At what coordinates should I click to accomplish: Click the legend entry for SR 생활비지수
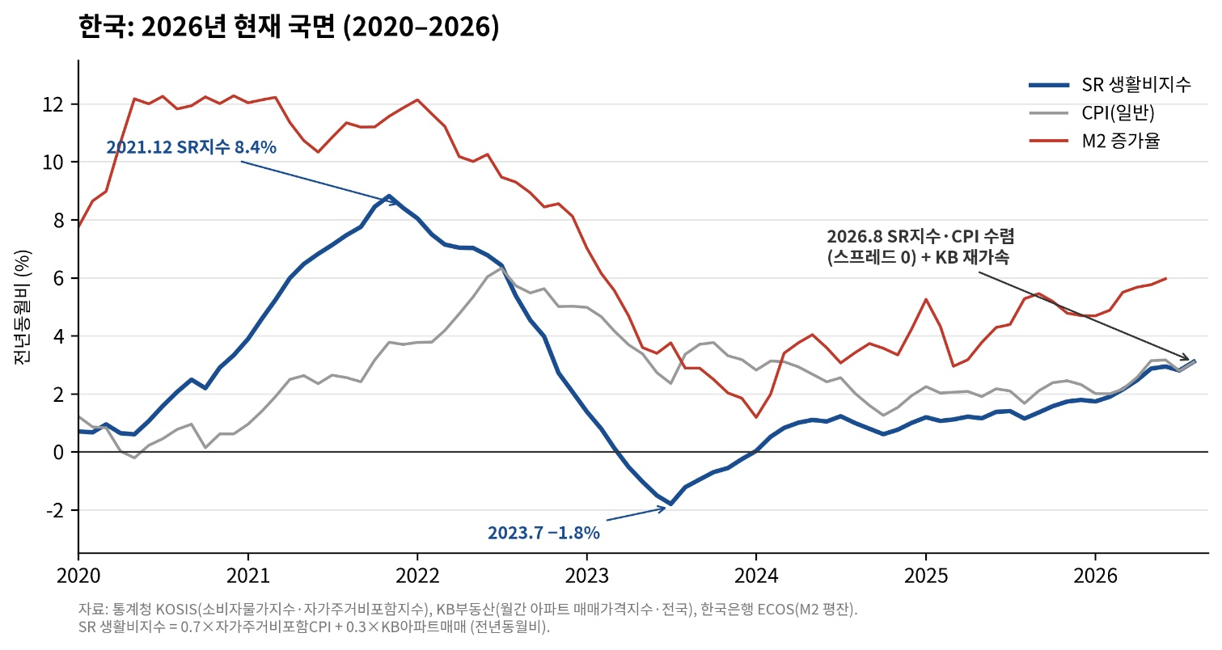1110,85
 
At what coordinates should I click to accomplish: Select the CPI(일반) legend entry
1092,113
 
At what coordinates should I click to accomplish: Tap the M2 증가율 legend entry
1094,141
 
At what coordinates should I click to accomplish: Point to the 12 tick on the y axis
53,104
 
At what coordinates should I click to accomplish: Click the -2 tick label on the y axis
55,510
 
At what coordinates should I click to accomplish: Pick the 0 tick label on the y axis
59,453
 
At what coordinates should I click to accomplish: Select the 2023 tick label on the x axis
587,576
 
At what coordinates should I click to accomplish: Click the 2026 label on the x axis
1096,576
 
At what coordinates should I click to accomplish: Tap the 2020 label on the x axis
78,576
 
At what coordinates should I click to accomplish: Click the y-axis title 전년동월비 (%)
23,307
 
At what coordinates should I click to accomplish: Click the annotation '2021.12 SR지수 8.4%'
191,147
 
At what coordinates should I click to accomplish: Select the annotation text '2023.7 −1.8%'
543,533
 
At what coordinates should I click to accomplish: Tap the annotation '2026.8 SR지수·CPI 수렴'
920,236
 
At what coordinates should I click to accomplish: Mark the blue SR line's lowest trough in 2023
670,504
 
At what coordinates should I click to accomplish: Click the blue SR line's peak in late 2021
389,196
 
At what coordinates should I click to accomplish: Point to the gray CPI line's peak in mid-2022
502,268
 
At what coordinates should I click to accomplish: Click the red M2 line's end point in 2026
1166,278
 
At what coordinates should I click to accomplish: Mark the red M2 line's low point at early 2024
756,418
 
